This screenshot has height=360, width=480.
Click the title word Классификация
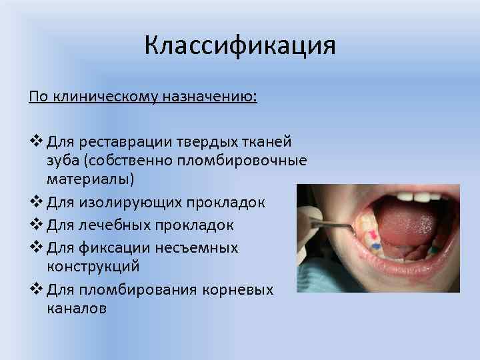pos(239,46)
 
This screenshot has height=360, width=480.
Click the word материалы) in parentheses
pos(90,179)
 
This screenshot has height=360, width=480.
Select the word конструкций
pos(93,266)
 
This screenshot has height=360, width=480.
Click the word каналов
pos(77,308)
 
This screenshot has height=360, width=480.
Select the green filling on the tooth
pos(435,250)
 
